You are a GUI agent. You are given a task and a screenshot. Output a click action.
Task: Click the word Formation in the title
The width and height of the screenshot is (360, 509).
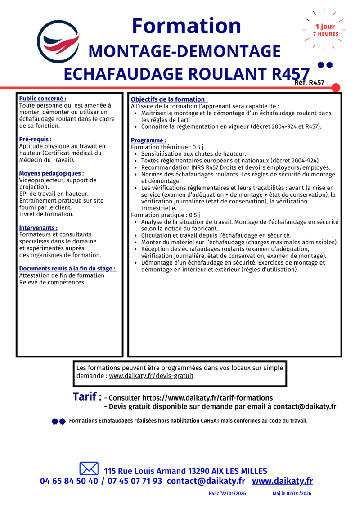coord(186,26)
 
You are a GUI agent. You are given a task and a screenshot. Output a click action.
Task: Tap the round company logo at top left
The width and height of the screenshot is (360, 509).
coord(57,41)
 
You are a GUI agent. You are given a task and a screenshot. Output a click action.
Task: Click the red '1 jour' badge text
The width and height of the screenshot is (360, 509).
coord(325,27)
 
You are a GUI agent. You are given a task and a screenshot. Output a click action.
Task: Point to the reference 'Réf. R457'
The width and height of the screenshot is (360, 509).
coord(309,82)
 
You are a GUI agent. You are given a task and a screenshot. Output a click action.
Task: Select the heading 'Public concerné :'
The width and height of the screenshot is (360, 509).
coord(43,98)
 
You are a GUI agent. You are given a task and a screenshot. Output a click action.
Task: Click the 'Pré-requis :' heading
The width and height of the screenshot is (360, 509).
coord(35,140)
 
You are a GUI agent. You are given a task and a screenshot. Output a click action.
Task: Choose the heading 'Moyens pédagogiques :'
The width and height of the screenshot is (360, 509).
coord(51,173)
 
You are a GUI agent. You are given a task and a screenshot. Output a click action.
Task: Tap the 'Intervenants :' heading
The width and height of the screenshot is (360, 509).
coord(38,228)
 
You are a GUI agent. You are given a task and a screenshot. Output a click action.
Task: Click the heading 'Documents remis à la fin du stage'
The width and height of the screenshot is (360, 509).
coord(67,269)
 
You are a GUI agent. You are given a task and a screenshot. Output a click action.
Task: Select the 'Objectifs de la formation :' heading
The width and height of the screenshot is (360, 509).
coord(169,99)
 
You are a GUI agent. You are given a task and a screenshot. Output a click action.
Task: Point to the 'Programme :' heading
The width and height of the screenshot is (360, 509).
coord(148,140)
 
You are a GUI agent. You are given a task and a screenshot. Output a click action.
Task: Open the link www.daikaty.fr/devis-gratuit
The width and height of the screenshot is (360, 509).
coord(151,375)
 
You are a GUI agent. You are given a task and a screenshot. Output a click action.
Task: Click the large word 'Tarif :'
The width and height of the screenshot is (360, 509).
coord(87,397)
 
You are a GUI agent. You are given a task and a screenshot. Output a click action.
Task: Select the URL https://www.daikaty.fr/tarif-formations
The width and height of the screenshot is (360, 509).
coord(207,398)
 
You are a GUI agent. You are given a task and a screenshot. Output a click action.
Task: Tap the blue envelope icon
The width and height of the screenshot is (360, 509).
coord(89,468)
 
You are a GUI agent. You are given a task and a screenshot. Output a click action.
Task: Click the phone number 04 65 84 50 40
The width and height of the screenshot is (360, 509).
coord(69,481)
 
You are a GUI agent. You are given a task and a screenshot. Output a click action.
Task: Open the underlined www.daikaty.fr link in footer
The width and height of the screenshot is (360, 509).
coord(282,481)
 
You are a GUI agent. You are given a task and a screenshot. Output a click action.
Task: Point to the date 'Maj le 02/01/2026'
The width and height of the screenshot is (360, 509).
coord(292,494)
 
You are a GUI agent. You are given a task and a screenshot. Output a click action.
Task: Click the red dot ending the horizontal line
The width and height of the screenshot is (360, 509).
coord(336,87)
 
